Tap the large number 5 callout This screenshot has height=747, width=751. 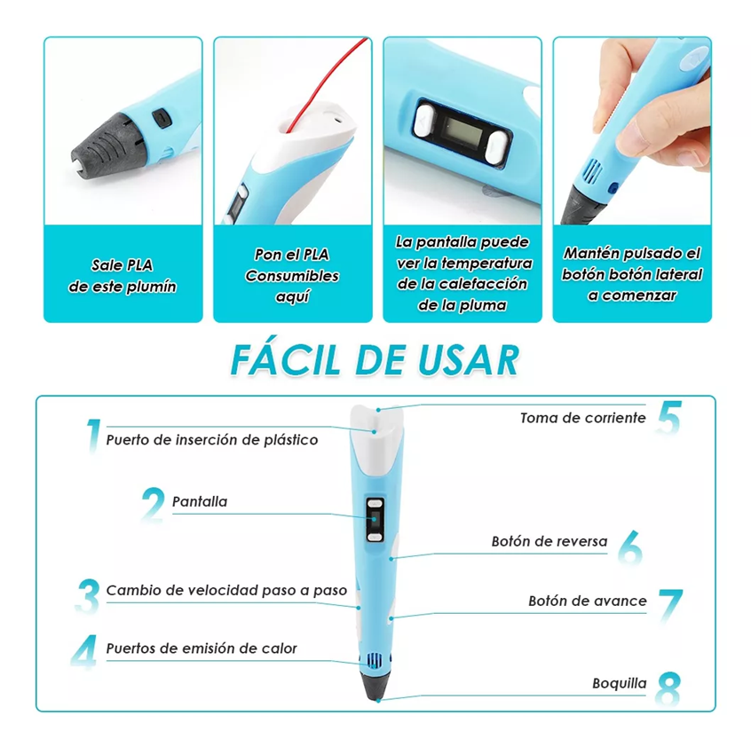point(668,418)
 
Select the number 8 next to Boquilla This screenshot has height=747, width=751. point(668,688)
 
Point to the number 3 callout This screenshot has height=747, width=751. point(87,597)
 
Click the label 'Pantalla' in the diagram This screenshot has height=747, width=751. point(200,502)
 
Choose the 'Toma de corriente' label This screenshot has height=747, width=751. point(582,417)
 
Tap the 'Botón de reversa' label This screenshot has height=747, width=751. point(549,541)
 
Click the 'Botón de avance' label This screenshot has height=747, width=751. point(587,601)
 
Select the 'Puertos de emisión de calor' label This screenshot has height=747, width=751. point(202,649)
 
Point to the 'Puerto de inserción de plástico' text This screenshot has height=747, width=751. point(212,439)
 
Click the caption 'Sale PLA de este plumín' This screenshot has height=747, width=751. point(123,275)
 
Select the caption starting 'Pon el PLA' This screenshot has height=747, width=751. point(292,275)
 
